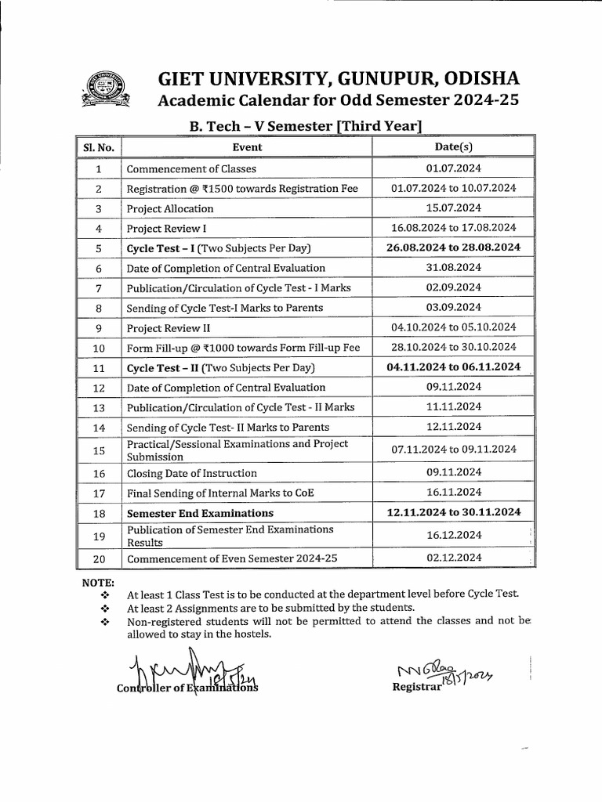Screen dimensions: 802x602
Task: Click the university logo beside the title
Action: [x=105, y=92]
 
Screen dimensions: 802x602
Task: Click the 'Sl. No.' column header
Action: [x=99, y=146]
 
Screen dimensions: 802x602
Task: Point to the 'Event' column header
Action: [x=247, y=146]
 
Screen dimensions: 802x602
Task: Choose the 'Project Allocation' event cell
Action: [x=170, y=208]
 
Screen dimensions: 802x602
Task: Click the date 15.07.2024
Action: [x=454, y=208]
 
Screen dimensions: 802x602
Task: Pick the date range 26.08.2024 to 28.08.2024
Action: [x=454, y=247]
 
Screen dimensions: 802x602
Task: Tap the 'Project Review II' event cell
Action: [x=168, y=327]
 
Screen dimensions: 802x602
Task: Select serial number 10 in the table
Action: [x=99, y=347]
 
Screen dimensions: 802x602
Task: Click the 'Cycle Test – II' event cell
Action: [x=219, y=367]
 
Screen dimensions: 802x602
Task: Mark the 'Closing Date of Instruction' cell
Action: [x=191, y=473]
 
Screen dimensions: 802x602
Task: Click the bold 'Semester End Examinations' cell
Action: [x=200, y=513]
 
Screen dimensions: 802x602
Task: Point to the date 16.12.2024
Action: [x=454, y=535]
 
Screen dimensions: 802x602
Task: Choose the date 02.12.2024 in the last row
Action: [x=454, y=558]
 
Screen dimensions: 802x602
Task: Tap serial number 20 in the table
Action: [x=99, y=559]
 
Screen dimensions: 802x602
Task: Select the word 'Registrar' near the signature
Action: [x=415, y=686]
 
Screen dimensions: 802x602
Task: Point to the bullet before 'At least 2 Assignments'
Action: [x=103, y=608]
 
